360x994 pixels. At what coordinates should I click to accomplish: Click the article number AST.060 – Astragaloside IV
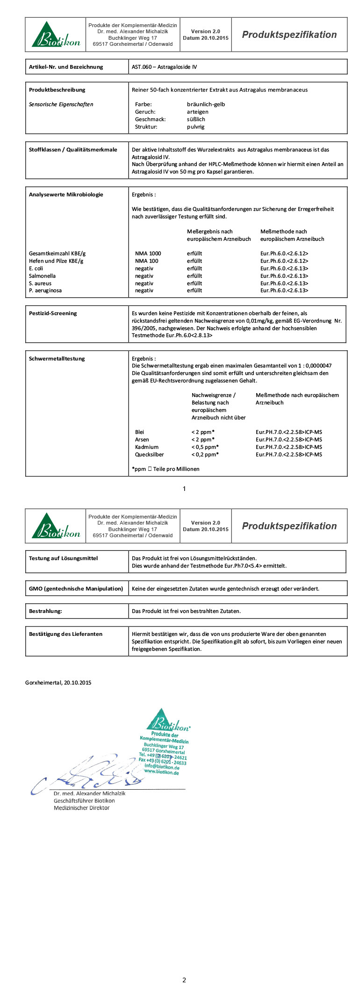pos(164,67)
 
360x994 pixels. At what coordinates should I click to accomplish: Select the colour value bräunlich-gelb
pos(206,104)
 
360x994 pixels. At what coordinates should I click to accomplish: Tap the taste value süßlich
pos(196,119)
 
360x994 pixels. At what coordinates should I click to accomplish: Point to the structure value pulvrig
pos(195,127)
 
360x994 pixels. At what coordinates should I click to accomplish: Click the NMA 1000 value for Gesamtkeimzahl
pos(148,253)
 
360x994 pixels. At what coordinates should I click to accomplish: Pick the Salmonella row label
pos(42,276)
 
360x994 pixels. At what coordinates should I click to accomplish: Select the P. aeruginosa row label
pos(45,290)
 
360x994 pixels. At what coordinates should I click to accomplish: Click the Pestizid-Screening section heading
pos(53,313)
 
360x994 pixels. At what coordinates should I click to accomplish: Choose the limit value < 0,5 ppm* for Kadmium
pos(205,447)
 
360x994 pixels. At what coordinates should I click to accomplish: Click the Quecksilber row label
pos(149,454)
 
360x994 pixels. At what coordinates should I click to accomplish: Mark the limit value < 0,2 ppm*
pos(205,454)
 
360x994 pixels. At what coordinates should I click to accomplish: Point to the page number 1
pos(184,489)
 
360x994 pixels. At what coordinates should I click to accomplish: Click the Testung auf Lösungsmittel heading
pos(63,558)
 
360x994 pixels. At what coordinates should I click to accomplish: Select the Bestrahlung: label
pos(45,611)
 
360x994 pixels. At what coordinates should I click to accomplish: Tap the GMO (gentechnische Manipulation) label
pos(76,589)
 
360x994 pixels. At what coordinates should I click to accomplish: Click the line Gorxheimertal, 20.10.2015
pos(58,683)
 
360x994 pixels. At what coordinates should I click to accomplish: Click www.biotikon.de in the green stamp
pos(161,772)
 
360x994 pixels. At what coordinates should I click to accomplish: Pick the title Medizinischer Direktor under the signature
pos(81,808)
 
